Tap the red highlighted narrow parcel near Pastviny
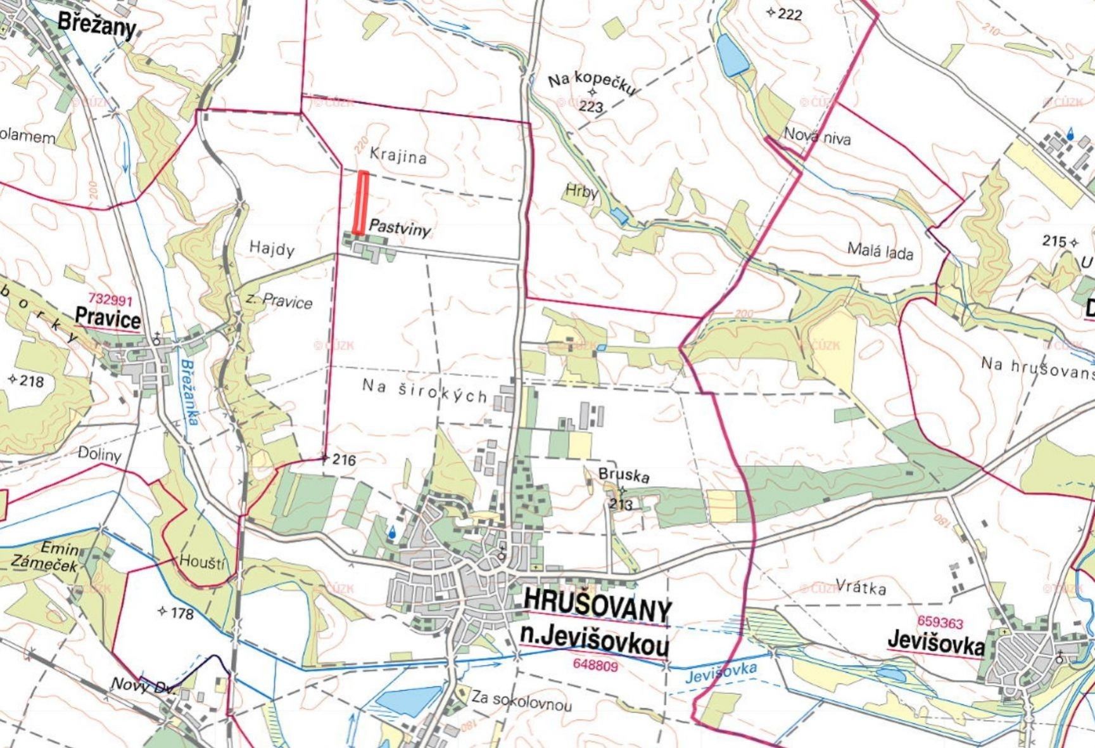pos(361,202)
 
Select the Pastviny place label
pos(400,228)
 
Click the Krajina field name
pos(398,155)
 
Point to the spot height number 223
pos(590,106)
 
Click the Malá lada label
pos(880,252)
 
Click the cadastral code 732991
pos(110,299)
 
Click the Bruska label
pos(624,475)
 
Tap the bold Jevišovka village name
pos(935,643)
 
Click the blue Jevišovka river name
pos(722,672)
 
